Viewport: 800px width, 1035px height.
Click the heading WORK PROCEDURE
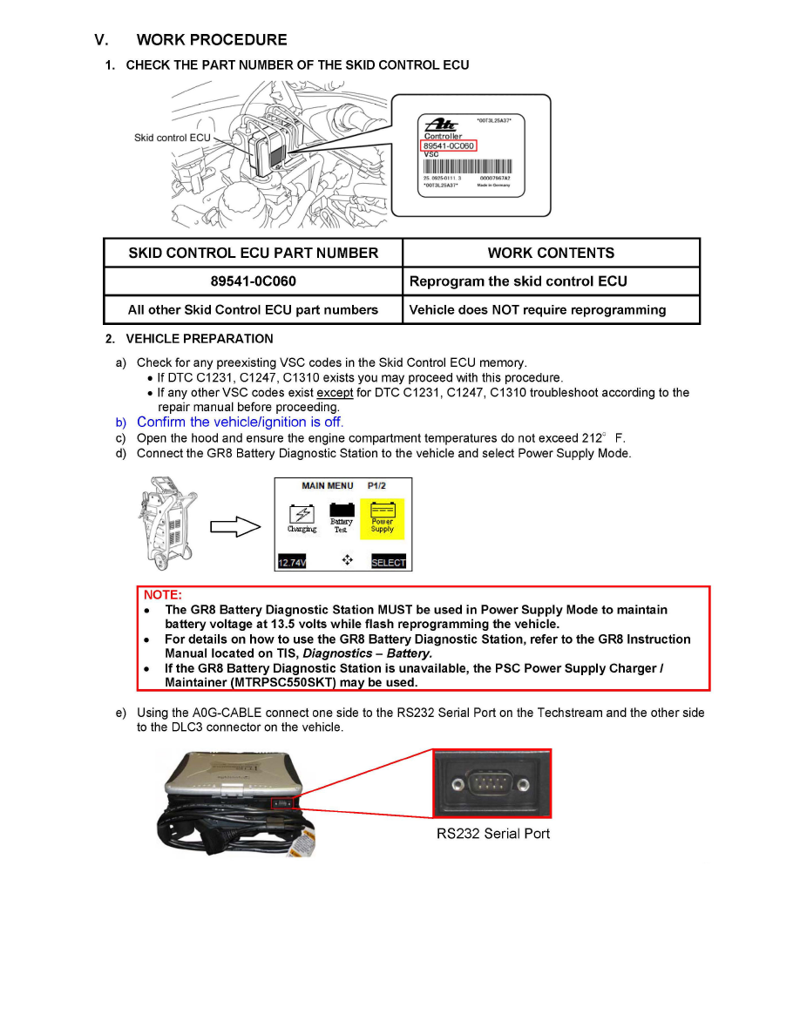[x=212, y=39]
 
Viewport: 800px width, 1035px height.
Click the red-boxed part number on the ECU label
[x=448, y=145]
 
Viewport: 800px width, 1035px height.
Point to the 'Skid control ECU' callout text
[x=173, y=138]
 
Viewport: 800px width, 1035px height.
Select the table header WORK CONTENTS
[x=551, y=253]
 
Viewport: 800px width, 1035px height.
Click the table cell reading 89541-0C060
[x=253, y=281]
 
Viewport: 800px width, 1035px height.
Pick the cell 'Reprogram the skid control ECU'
[x=519, y=281]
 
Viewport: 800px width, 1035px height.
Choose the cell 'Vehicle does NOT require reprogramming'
[x=538, y=309]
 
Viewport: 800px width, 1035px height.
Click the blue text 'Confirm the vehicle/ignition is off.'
[x=241, y=422]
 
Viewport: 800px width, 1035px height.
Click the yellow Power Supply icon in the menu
[x=383, y=517]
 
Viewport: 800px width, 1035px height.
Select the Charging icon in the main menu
[x=302, y=518]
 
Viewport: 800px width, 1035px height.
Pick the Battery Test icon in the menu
[x=341, y=518]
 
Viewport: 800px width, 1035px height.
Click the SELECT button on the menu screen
[x=389, y=562]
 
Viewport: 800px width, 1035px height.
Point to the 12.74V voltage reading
[x=293, y=562]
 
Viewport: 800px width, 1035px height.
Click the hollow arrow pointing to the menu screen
[x=236, y=525]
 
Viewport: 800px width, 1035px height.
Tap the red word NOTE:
[x=162, y=594]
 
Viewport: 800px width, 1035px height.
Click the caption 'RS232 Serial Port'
[x=493, y=834]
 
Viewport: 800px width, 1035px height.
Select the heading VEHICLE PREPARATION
[x=200, y=339]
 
